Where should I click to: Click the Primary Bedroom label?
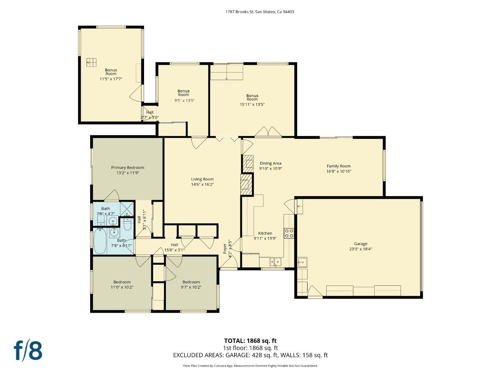pos(127,167)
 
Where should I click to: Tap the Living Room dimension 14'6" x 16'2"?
pos(202,185)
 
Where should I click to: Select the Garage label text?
pos(361,244)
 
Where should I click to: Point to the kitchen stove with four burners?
pos(289,233)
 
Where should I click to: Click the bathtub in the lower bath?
pos(100,241)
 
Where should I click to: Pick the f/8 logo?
pos(28,351)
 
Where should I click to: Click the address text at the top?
pos(260,12)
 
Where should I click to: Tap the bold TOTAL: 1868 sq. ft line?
pos(250,341)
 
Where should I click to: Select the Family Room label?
pos(339,166)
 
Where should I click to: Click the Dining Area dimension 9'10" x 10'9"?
pos(270,169)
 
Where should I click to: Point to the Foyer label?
pos(225,248)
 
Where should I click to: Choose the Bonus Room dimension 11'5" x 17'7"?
pos(111,79)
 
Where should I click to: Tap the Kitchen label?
pos(265,233)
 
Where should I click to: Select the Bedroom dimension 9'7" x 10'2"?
pos(191,287)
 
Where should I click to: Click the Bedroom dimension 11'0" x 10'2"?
pos(122,287)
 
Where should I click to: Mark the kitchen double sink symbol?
pos(276,262)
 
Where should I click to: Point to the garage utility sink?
pos(302,262)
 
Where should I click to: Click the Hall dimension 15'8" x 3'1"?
pos(174,250)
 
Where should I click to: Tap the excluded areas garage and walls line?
pos(250,355)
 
